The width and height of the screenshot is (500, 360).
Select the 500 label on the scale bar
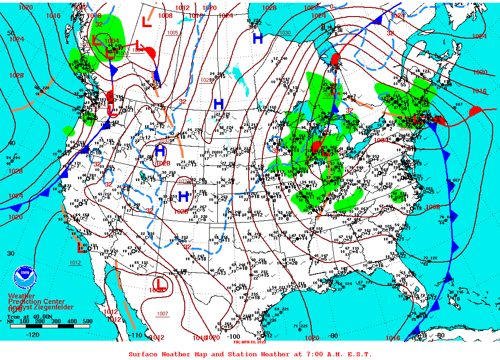(x=87, y=321)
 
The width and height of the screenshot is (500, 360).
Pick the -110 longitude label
(x=136, y=335)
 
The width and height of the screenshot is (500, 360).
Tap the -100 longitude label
(x=234, y=336)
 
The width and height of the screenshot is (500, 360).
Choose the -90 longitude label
(x=334, y=336)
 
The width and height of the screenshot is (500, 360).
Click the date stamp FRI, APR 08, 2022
(x=250, y=342)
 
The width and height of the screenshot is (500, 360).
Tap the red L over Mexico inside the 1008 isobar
(x=159, y=283)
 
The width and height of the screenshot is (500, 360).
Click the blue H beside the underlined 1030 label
(x=258, y=39)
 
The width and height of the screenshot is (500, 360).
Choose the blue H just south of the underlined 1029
(x=218, y=103)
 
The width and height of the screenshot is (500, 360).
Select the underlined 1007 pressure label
(x=162, y=314)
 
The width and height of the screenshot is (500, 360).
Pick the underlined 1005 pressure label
(x=172, y=33)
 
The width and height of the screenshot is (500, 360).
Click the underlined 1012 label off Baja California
(x=75, y=263)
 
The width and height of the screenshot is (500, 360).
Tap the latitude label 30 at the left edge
(x=11, y=253)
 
